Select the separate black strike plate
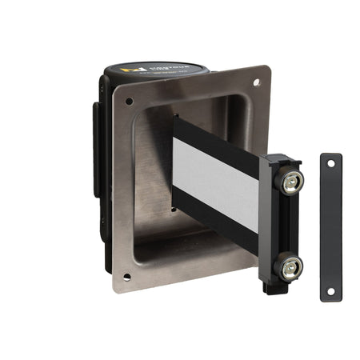[x=329, y=226]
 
